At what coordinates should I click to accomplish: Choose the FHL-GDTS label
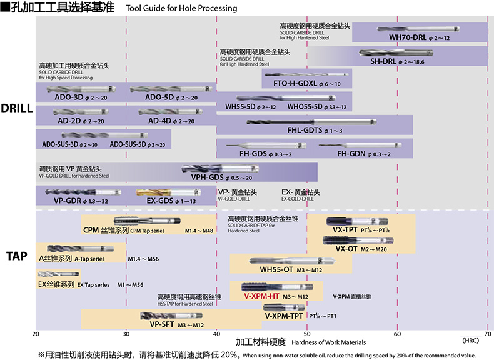(x=305, y=131)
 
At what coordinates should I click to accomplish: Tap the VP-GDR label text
(x=68, y=201)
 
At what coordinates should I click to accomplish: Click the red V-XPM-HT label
(x=261, y=296)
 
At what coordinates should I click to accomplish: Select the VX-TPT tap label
(x=345, y=230)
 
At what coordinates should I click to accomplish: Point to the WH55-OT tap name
(x=276, y=270)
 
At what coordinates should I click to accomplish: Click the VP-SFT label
(x=162, y=324)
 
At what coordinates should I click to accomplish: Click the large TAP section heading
(x=17, y=256)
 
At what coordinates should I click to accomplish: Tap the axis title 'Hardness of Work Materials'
(x=328, y=342)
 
